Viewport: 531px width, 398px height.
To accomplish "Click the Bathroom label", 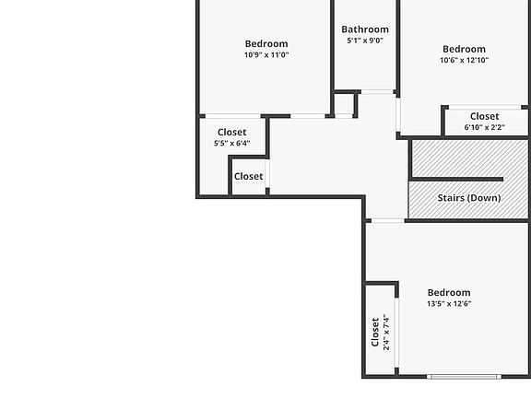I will tap(365, 29).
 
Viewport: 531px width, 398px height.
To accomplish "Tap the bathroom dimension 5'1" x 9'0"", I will tap(365, 41).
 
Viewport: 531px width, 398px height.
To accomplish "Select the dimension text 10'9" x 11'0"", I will tap(266, 55).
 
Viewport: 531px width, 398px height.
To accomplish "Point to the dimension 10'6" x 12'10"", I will tap(464, 61).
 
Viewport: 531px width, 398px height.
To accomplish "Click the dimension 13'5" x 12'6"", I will tap(449, 304).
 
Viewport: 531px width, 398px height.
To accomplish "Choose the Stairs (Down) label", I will tap(470, 198).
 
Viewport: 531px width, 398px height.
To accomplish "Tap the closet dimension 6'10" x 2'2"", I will tap(484, 127).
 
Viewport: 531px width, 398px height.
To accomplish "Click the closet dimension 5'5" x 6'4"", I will tap(231, 143).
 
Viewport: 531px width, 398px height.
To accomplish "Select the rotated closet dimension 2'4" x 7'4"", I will tap(386, 333).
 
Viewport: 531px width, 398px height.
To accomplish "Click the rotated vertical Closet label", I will tap(375, 333).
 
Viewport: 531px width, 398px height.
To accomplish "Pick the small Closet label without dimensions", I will tap(248, 176).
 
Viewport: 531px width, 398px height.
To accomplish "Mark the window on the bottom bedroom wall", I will tap(464, 376).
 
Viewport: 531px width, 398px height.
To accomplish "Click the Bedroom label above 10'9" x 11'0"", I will tap(266, 43).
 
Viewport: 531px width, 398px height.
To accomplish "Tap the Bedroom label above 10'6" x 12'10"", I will tap(464, 49).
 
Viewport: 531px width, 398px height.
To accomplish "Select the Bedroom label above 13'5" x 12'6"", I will tap(449, 293).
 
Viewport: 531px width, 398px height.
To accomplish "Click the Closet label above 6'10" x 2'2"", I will tap(484, 116).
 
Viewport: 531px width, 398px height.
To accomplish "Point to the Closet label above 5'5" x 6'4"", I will tap(231, 132).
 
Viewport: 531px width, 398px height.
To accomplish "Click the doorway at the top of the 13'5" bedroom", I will tap(387, 220).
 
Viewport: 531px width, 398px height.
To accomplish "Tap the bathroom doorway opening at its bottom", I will tap(378, 90).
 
